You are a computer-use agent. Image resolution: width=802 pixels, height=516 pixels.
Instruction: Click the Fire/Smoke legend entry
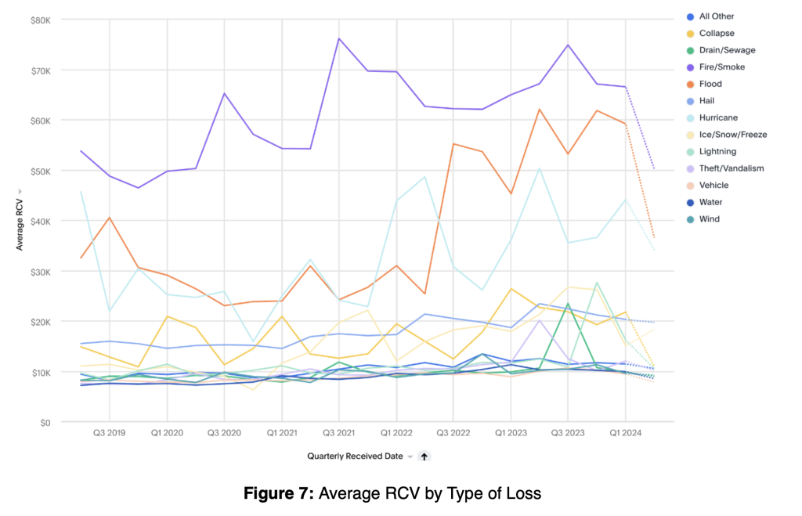pos(716,67)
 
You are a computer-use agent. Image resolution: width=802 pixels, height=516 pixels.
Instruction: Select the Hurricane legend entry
pos(712,117)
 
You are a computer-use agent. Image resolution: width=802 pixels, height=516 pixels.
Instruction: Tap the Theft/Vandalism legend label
pos(732,168)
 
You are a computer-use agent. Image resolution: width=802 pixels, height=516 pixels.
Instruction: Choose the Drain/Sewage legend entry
pos(721,50)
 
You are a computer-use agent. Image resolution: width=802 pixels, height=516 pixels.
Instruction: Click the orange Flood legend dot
pos(690,85)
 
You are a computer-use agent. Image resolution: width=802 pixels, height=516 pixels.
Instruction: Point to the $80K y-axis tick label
pos(41,20)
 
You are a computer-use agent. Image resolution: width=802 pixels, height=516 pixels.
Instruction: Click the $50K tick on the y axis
pos(41,171)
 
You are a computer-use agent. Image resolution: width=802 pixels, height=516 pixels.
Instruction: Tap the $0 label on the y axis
pos(45,423)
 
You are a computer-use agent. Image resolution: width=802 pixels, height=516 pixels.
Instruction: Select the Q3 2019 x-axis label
pos(109,433)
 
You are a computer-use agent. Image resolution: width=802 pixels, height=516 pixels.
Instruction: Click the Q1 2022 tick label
pos(396,433)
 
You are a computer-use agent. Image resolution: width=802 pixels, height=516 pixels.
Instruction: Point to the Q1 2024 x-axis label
pos(625,433)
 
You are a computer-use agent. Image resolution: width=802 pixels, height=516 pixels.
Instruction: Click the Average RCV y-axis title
pos(20,224)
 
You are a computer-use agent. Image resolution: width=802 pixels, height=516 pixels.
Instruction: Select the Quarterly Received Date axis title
pos(355,456)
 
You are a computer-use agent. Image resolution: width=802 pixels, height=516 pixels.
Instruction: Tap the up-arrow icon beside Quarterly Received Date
pos(424,456)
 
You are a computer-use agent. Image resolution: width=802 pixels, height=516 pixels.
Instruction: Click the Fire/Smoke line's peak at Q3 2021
pos(338,38)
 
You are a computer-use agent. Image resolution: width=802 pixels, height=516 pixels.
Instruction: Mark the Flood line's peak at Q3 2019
pos(109,218)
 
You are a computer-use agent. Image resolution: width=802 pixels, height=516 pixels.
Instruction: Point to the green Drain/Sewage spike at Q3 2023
pos(568,304)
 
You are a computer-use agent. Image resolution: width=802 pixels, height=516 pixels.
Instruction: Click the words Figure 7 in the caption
pos(278,493)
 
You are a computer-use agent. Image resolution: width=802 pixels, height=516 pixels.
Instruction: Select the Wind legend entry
pos(703,219)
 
